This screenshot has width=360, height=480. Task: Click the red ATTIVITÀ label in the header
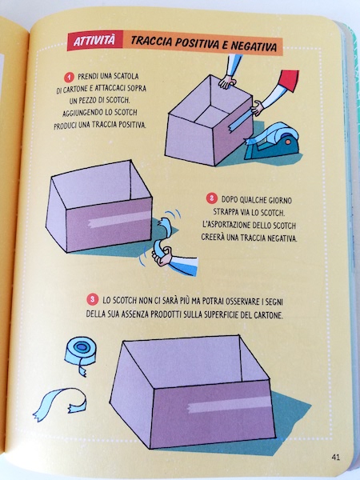(x=95, y=41)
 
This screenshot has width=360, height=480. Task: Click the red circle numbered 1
(x=69, y=77)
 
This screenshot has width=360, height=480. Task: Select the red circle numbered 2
(x=211, y=199)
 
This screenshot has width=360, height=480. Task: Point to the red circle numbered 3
(x=92, y=299)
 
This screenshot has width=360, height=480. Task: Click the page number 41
(x=335, y=458)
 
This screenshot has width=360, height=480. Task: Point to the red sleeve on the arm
(x=289, y=80)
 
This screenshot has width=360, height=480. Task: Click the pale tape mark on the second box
(x=119, y=220)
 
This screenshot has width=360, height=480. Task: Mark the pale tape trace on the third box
(x=230, y=404)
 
